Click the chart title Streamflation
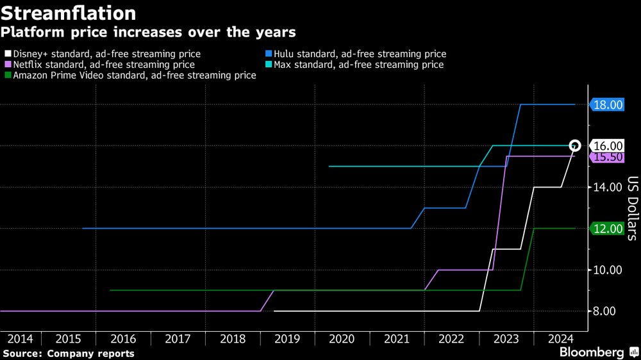tap(68, 13)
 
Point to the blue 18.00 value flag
tap(606, 105)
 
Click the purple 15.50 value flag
tap(606, 157)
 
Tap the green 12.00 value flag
tap(606, 229)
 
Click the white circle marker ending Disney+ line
tap(575, 146)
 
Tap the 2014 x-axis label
tap(21, 338)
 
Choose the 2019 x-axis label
tap(287, 338)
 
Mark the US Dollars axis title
tap(631, 208)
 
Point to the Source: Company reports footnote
tap(69, 354)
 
